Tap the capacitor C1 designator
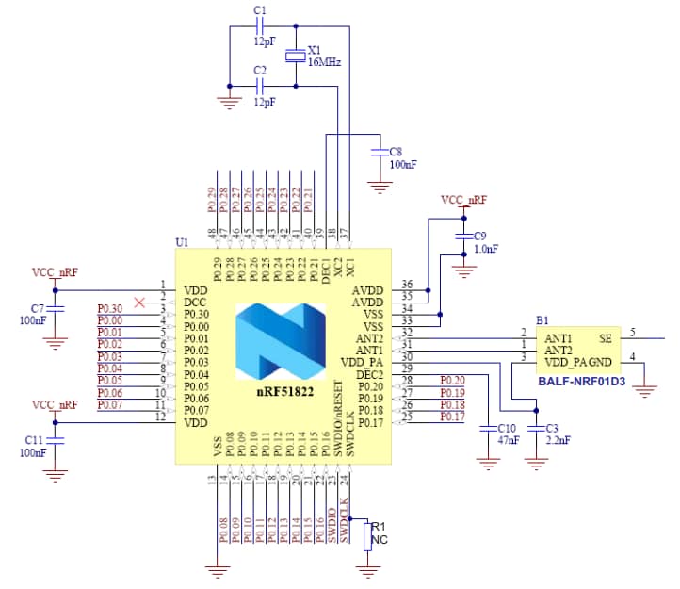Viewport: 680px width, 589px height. pyautogui.click(x=261, y=9)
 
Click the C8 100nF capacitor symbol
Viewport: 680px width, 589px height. pyautogui.click(x=380, y=150)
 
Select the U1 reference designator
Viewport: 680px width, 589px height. pyautogui.click(x=183, y=242)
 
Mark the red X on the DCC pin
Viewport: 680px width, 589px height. pyautogui.click(x=140, y=302)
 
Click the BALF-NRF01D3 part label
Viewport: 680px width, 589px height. pyautogui.click(x=577, y=381)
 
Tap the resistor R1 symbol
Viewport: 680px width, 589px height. pyautogui.click(x=368, y=537)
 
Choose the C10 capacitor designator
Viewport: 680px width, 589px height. pyautogui.click(x=507, y=428)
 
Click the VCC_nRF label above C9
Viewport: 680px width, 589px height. pyautogui.click(x=464, y=201)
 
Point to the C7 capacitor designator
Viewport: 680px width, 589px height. pyautogui.click(x=38, y=308)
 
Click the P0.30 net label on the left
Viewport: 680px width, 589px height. pyautogui.click(x=110, y=309)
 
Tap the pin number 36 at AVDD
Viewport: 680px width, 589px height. pyautogui.click(x=407, y=284)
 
